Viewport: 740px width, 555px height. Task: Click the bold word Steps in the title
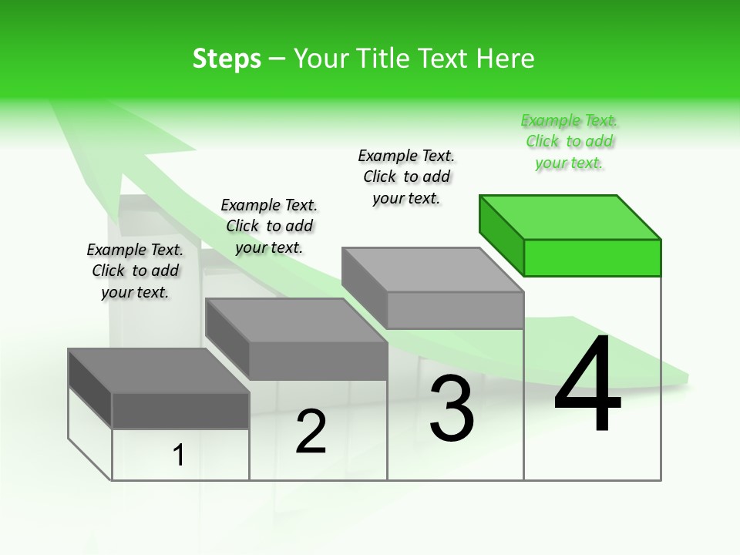(x=226, y=59)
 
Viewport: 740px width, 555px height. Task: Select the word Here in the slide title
(x=506, y=59)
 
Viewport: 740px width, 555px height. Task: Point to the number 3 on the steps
(x=452, y=409)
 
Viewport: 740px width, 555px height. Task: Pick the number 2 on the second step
(x=311, y=432)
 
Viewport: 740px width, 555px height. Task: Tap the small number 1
(x=179, y=456)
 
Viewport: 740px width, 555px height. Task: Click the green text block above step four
(x=569, y=142)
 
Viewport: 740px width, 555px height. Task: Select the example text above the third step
(x=406, y=177)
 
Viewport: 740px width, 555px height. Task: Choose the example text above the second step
(x=268, y=226)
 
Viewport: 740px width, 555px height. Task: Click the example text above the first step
(x=135, y=271)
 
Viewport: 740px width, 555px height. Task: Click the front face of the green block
(x=592, y=257)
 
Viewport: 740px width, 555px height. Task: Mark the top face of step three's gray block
(x=432, y=270)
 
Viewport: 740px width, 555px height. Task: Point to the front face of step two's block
(x=318, y=361)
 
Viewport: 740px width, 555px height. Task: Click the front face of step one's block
(x=180, y=410)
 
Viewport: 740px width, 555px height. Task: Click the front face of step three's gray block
(x=455, y=310)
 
